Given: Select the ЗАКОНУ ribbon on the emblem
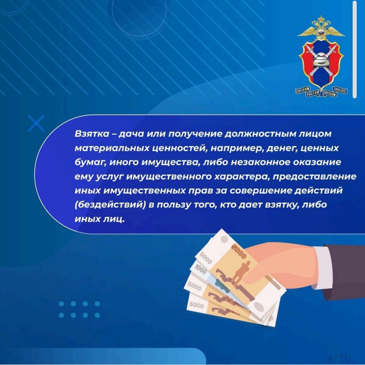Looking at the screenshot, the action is click(x=340, y=90).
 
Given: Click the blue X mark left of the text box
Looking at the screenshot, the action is click(x=36, y=123).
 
